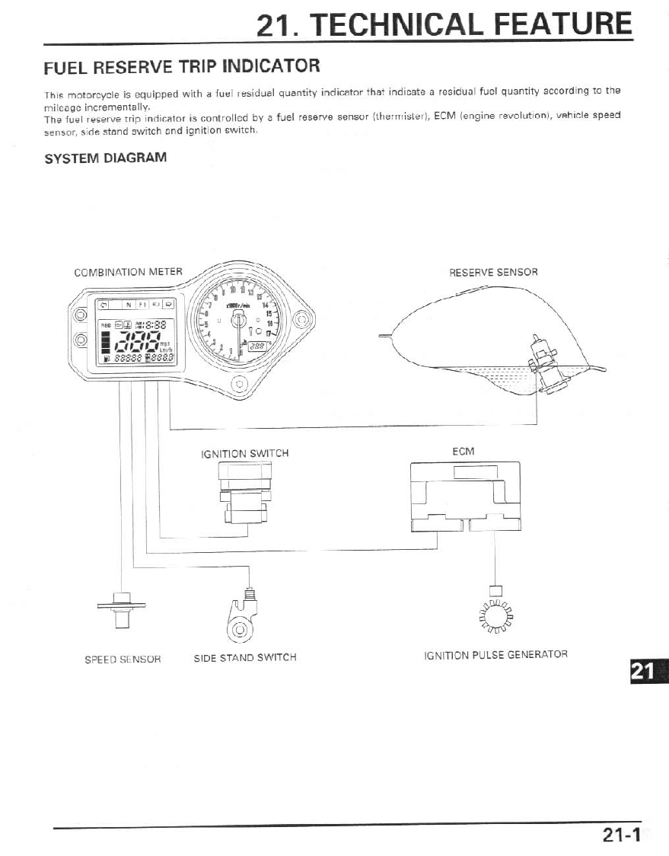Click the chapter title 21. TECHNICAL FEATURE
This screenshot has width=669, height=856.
pos(444,25)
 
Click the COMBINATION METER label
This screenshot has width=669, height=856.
pos(128,272)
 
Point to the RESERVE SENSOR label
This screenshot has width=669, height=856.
pos(493,272)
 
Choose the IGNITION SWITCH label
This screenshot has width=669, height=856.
pos(244,453)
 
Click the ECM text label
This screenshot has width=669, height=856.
pos(463,452)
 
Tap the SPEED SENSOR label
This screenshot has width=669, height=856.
pos(122,659)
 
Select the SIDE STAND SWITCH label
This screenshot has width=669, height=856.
pos(245,657)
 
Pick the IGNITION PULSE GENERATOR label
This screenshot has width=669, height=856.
pos(495,654)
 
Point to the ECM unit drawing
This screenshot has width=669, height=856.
pos(464,496)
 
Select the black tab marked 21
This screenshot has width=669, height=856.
pos(647,671)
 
